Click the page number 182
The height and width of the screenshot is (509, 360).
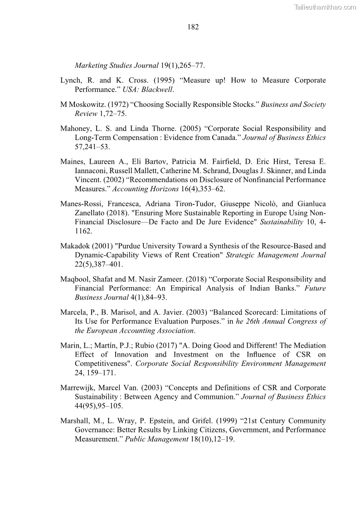tap(193, 27)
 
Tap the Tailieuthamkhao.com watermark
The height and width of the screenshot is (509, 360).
tap(325, 7)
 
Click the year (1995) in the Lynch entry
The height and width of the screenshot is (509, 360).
tap(161, 80)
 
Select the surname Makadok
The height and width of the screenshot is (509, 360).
tap(74, 246)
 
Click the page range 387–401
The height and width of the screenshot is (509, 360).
tap(107, 264)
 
